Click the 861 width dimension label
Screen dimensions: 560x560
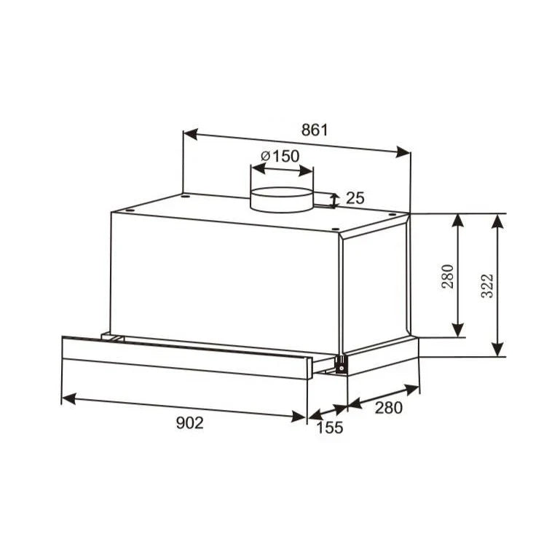pyautogui.click(x=315, y=130)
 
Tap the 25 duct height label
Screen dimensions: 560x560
pyautogui.click(x=355, y=198)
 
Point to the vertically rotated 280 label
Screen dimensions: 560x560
pyautogui.click(x=447, y=276)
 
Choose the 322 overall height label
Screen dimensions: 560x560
pyautogui.click(x=487, y=285)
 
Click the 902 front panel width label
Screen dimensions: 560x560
pyautogui.click(x=190, y=423)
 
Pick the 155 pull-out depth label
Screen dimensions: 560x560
pyautogui.click(x=330, y=428)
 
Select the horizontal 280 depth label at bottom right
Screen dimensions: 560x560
pyautogui.click(x=388, y=408)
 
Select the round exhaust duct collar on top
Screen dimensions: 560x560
pyautogui.click(x=282, y=200)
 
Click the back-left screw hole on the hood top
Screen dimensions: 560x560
pyautogui.click(x=186, y=195)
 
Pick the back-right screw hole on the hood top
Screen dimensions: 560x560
pyautogui.click(x=392, y=214)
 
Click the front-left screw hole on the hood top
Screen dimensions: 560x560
pyautogui.click(x=129, y=209)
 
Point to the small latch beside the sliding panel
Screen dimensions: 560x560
pyautogui.click(x=339, y=363)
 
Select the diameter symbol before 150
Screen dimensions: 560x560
pyautogui.click(x=265, y=156)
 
